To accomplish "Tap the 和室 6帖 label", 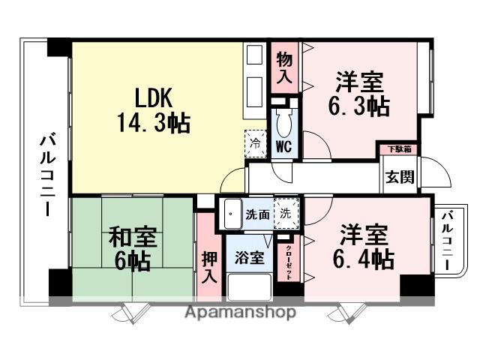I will pyautogui.click(x=133, y=249).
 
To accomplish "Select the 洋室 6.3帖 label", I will pyautogui.click(x=361, y=94).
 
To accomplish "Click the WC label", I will pyautogui.click(x=283, y=145).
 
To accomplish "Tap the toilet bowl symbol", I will pyautogui.click(x=284, y=120).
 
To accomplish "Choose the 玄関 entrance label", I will pyautogui.click(x=397, y=178).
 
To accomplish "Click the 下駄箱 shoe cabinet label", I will pyautogui.click(x=397, y=150).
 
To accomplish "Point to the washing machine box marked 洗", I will pyautogui.click(x=285, y=213).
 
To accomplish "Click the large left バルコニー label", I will pyautogui.click(x=46, y=174).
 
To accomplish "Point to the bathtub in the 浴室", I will pyautogui.click(x=248, y=288).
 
